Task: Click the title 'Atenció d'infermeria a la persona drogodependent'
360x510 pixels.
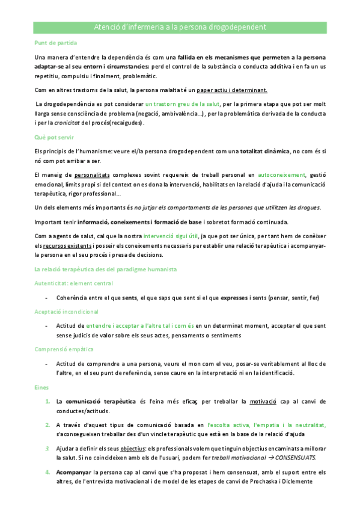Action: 180,28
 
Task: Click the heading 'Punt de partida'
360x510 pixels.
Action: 53,43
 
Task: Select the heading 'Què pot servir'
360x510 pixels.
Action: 52,137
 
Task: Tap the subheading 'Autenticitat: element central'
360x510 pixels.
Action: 73,283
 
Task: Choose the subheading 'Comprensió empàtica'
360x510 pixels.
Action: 64,349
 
